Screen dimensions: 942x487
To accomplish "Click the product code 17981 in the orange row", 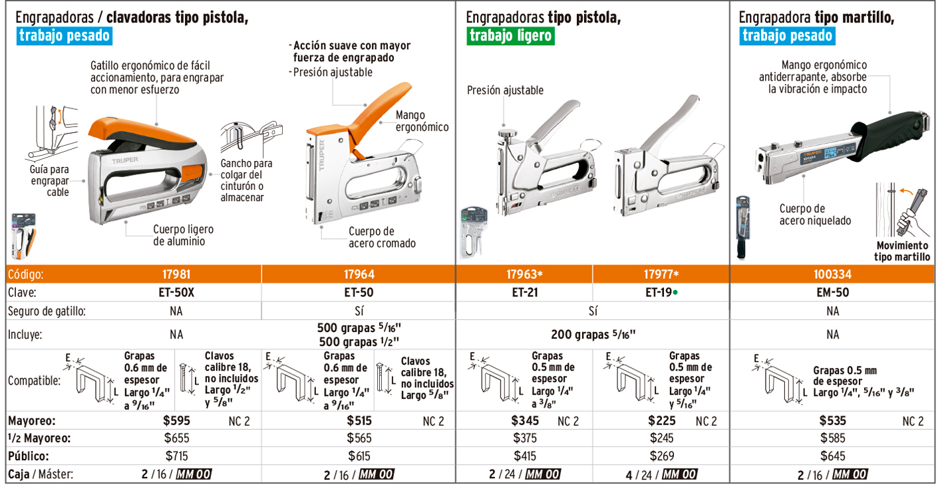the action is pyautogui.click(x=176, y=274).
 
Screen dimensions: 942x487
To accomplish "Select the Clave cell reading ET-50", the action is pyautogui.click(x=359, y=293).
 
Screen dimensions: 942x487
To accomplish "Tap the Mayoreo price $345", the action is pyautogui.click(x=525, y=420).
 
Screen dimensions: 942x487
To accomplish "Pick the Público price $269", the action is pyautogui.click(x=662, y=456).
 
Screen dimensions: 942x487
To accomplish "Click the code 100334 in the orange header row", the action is pyautogui.click(x=832, y=274).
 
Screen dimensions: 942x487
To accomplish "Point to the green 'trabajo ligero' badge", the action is pyautogui.click(x=510, y=36).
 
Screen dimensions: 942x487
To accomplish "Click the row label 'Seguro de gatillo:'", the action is pyautogui.click(x=47, y=311).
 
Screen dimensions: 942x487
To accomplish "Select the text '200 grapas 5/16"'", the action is pyautogui.click(x=593, y=335).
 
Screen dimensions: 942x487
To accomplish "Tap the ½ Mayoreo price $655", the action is pyautogui.click(x=177, y=438).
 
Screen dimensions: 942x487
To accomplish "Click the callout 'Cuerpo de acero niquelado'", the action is pyautogui.click(x=815, y=214).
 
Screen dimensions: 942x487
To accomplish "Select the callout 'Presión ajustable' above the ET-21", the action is pyautogui.click(x=505, y=90).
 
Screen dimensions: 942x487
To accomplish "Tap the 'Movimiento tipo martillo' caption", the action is pyautogui.click(x=902, y=251).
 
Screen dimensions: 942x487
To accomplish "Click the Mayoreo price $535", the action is pyautogui.click(x=833, y=420).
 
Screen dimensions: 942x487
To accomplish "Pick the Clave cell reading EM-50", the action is pyautogui.click(x=833, y=293).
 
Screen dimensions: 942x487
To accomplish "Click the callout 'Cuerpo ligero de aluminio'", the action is pyautogui.click(x=183, y=235).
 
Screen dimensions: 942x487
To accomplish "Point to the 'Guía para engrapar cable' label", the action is pyautogui.click(x=50, y=181).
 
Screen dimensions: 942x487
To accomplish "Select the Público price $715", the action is pyautogui.click(x=177, y=456).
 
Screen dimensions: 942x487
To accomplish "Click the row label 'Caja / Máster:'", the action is pyautogui.click(x=41, y=474).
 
